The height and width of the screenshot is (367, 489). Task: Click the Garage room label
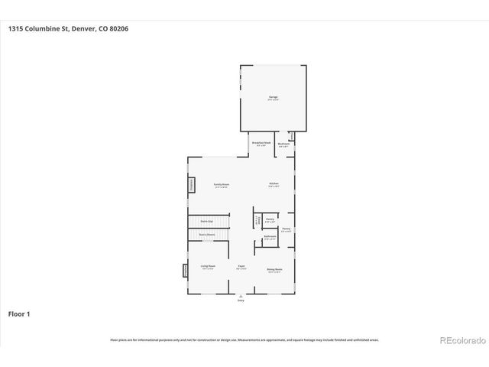273,98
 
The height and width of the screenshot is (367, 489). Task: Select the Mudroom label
283,143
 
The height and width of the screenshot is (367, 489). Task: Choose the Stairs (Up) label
206,221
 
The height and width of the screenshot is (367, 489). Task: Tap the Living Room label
207,267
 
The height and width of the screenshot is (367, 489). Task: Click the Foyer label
241,268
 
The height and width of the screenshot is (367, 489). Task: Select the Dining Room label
274,270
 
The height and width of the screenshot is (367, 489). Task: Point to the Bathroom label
270,238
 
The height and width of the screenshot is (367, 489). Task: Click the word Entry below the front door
241,301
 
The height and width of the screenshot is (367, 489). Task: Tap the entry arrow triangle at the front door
241,295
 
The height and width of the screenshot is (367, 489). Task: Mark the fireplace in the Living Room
185,270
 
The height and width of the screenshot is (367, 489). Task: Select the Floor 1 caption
19,313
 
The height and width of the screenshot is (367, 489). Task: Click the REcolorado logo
461,339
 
